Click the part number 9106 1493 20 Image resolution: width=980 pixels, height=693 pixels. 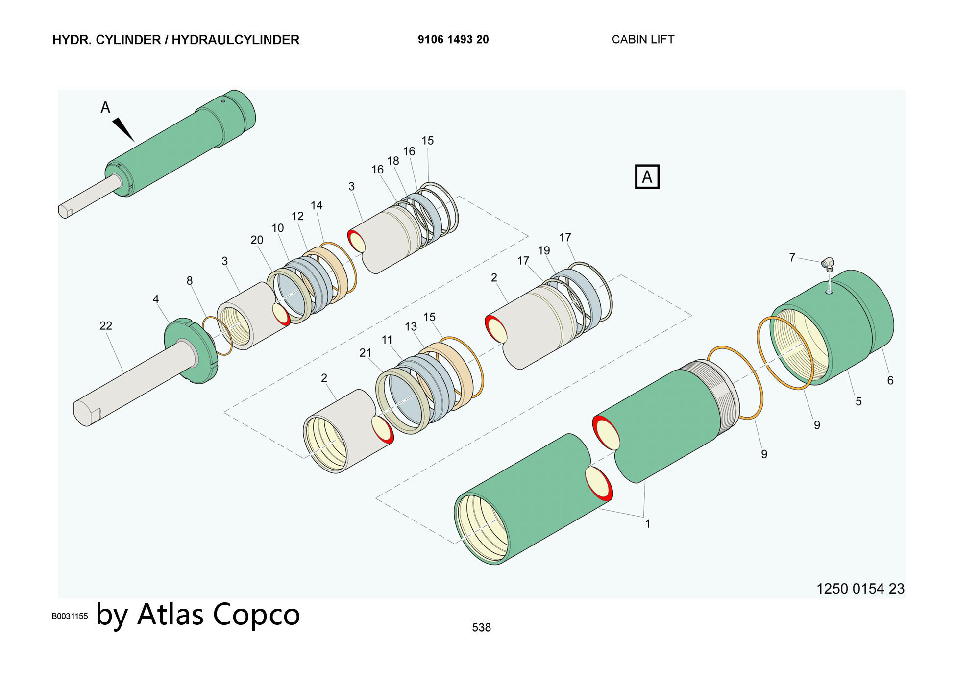point(453,40)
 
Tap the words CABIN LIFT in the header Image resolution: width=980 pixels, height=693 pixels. point(643,40)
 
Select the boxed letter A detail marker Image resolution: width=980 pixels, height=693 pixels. point(647,176)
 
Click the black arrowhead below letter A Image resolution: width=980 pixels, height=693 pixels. point(123,129)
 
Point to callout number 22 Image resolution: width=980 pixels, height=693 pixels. point(106,325)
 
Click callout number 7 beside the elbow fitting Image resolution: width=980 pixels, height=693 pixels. point(792,257)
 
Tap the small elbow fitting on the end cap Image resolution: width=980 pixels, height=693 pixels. point(828,264)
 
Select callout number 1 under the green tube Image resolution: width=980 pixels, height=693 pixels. point(647,524)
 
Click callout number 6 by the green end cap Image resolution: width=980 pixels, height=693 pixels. point(890,380)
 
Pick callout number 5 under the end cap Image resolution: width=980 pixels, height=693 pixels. point(858,401)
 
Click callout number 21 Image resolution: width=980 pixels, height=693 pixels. point(366,353)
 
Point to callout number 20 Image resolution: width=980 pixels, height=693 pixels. point(257,240)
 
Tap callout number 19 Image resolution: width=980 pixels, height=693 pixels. point(544,250)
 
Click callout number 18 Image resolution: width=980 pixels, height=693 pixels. point(393,161)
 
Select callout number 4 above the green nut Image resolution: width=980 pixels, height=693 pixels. point(156,299)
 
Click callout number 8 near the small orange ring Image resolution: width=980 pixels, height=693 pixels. point(190,281)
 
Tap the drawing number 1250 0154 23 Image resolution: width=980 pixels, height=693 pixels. point(860,589)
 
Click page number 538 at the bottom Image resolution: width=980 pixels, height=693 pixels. point(481,627)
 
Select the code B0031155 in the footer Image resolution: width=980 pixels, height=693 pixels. point(70,616)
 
